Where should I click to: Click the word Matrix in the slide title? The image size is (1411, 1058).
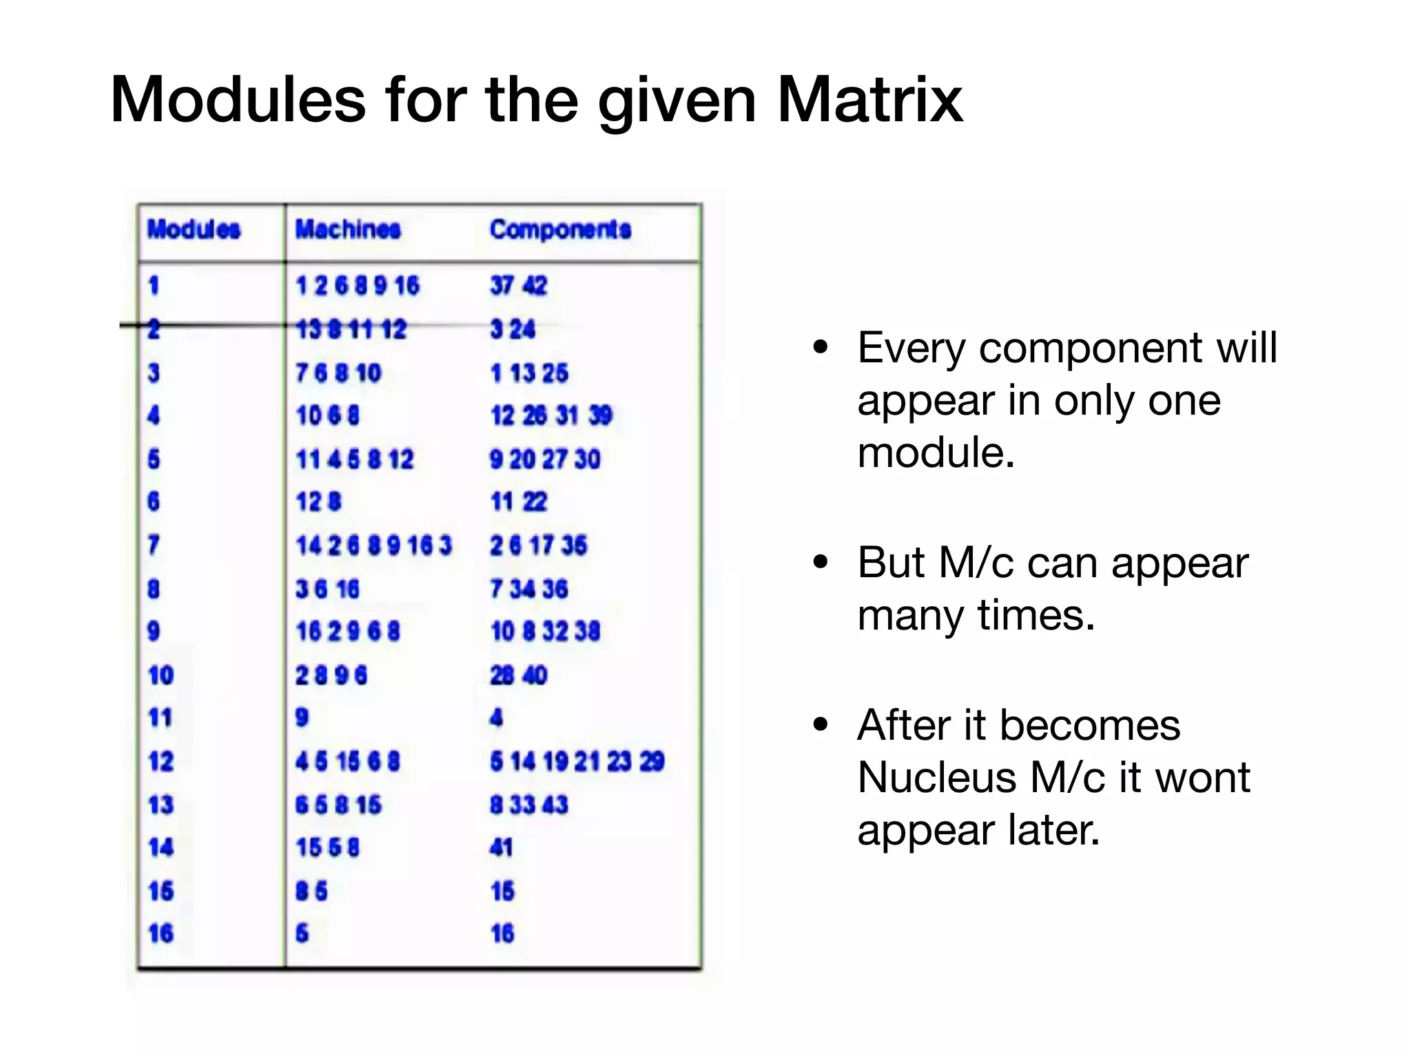click(870, 101)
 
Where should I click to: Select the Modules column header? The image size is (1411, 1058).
click(194, 229)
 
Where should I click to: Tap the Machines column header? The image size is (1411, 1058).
click(348, 229)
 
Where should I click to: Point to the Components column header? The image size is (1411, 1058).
click(560, 229)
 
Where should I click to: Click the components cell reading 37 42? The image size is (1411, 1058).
click(518, 285)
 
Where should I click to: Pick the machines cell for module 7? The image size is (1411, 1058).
click(373, 546)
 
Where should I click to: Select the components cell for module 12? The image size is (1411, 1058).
click(577, 761)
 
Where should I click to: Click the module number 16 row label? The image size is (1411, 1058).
click(161, 933)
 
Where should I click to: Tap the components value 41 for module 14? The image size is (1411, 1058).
click(501, 847)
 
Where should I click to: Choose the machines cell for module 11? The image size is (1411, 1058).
click(302, 718)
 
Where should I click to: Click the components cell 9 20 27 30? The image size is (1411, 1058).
click(544, 459)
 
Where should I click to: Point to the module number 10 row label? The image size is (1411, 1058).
click(161, 675)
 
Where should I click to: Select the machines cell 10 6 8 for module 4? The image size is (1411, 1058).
click(327, 415)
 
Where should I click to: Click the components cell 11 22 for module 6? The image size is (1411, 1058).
click(518, 501)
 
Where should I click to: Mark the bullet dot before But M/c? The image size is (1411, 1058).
click(820, 562)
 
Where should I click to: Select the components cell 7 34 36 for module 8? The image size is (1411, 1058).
click(528, 589)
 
